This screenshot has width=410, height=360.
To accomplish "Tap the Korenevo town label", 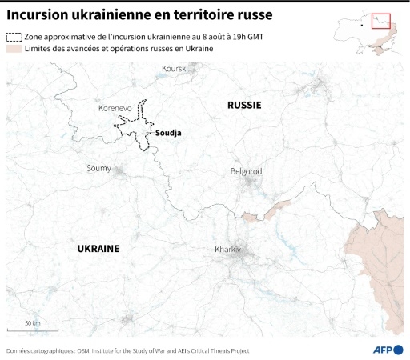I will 115,107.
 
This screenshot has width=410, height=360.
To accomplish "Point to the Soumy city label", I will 99,168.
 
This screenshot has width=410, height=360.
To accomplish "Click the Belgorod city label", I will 246,171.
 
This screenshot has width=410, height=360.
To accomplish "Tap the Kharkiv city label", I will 228,250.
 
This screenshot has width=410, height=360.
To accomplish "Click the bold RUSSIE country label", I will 244,106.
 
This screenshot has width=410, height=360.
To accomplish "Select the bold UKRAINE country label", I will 98,249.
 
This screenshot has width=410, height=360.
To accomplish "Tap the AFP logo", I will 388,350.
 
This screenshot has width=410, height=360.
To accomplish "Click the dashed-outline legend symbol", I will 14,38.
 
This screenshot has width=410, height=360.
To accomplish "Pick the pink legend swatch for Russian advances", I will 14,50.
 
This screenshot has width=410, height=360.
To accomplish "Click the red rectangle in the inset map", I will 380,22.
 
